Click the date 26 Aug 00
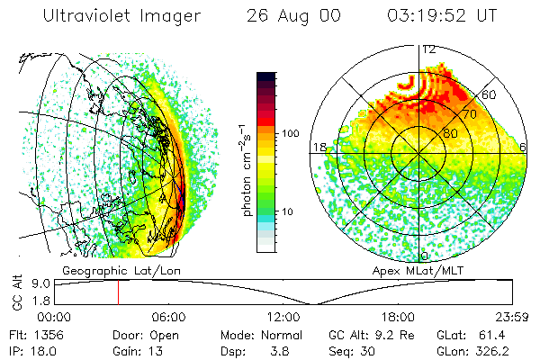tap(291, 16)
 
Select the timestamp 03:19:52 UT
tap(442, 16)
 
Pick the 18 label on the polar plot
tap(318, 146)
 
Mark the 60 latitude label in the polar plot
tap(490, 94)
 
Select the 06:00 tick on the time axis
tap(168, 317)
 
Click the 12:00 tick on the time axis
tap(283, 317)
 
